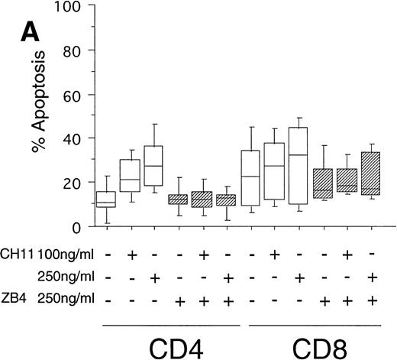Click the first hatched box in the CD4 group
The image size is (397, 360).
(179, 199)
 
